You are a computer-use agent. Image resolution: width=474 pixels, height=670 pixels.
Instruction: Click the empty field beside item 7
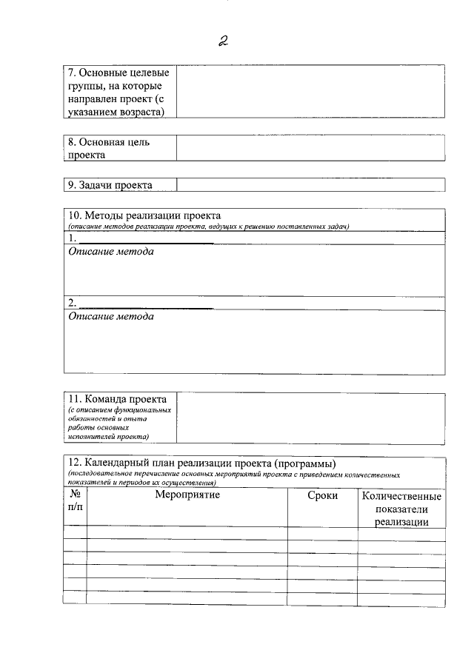coord(310,91)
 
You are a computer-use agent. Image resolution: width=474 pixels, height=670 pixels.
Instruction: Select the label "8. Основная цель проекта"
coord(109,148)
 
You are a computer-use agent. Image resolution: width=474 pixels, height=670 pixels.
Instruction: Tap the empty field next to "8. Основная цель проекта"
coord(310,148)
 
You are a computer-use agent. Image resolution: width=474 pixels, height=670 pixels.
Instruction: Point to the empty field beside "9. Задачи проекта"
coord(310,185)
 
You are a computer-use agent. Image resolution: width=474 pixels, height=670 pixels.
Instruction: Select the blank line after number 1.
coord(146,239)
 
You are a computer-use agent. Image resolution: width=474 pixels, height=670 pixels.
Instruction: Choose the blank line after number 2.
coord(146,304)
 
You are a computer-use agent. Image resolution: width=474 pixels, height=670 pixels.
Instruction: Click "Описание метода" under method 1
coord(111,252)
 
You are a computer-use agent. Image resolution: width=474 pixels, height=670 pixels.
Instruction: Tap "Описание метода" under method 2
coord(111,316)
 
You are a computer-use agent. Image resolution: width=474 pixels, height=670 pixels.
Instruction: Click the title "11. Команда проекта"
coord(117,399)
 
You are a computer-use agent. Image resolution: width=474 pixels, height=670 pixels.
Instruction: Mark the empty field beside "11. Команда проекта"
coord(310,418)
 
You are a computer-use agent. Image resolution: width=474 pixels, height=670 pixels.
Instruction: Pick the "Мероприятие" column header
coord(187,495)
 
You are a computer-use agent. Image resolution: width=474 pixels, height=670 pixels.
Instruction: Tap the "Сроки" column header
coord(322,495)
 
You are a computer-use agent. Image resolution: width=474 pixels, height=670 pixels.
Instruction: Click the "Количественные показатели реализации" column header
coord(401,509)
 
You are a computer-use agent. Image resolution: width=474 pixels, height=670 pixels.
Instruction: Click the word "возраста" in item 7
coord(143,111)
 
